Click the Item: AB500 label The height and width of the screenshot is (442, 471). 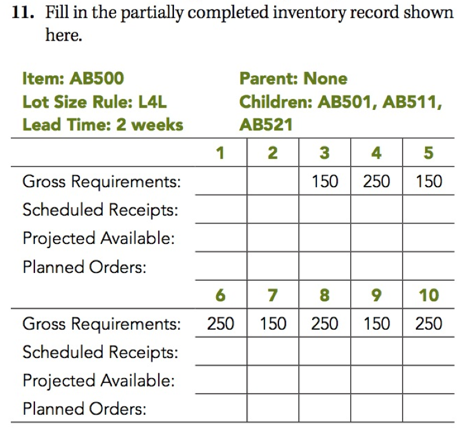[72, 78]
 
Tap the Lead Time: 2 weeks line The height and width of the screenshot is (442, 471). [102, 125]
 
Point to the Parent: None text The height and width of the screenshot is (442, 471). [293, 78]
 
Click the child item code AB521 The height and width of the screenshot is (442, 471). [266, 125]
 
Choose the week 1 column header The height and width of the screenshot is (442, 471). [220, 153]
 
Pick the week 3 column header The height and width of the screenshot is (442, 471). [324, 153]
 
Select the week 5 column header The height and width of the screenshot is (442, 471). [428, 153]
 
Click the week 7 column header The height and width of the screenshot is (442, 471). [272, 295]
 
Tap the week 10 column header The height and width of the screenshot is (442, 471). [428, 295]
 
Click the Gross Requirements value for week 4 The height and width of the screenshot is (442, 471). [376, 181]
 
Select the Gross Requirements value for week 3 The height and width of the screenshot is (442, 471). [325, 181]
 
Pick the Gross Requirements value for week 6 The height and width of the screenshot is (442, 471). [220, 324]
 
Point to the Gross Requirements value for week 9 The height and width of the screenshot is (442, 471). [376, 324]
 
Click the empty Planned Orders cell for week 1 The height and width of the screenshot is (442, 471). [220, 266]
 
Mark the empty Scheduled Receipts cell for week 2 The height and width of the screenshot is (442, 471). [272, 210]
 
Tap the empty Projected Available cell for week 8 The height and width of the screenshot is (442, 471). [324, 380]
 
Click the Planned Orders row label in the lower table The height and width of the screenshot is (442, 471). [84, 409]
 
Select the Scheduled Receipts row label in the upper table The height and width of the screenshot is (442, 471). [100, 210]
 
